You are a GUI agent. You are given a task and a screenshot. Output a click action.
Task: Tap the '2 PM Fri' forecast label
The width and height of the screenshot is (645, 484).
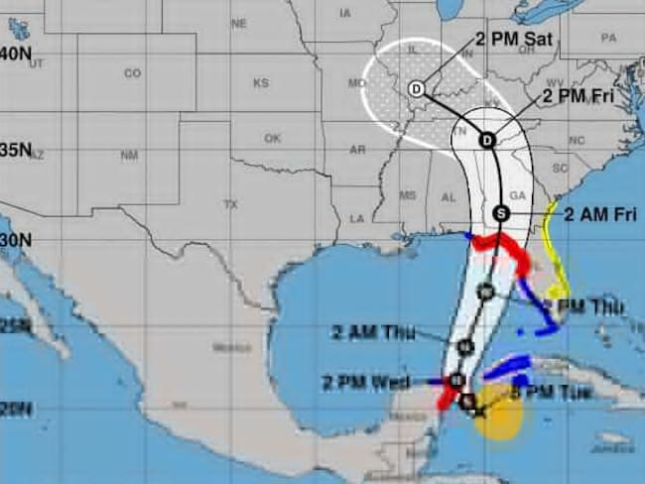click(580, 97)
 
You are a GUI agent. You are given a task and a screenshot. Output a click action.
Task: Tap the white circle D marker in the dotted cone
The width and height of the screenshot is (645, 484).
click(416, 90)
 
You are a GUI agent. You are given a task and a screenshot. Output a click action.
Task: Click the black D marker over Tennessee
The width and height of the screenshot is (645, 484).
click(486, 140)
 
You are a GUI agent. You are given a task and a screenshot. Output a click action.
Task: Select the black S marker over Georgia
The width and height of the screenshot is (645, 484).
click(500, 213)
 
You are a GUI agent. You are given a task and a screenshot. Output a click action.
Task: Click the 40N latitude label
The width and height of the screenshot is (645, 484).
click(15, 55)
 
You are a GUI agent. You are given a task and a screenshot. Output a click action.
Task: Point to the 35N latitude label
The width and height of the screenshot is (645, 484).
click(15, 151)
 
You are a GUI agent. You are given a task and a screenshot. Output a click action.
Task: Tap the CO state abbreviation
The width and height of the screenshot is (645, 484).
click(132, 73)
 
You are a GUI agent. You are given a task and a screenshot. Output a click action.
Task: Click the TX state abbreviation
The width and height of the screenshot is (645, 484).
click(231, 204)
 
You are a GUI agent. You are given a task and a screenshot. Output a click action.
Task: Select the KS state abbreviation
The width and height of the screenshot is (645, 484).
click(261, 83)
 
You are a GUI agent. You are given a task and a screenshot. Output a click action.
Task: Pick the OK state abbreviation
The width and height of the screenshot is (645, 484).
click(273, 138)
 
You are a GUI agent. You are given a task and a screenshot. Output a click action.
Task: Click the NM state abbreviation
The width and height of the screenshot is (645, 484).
click(129, 156)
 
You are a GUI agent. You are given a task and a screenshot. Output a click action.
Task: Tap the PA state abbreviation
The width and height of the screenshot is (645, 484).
click(608, 38)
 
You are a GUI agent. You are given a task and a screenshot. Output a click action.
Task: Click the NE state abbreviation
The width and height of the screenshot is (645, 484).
click(238, 23)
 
